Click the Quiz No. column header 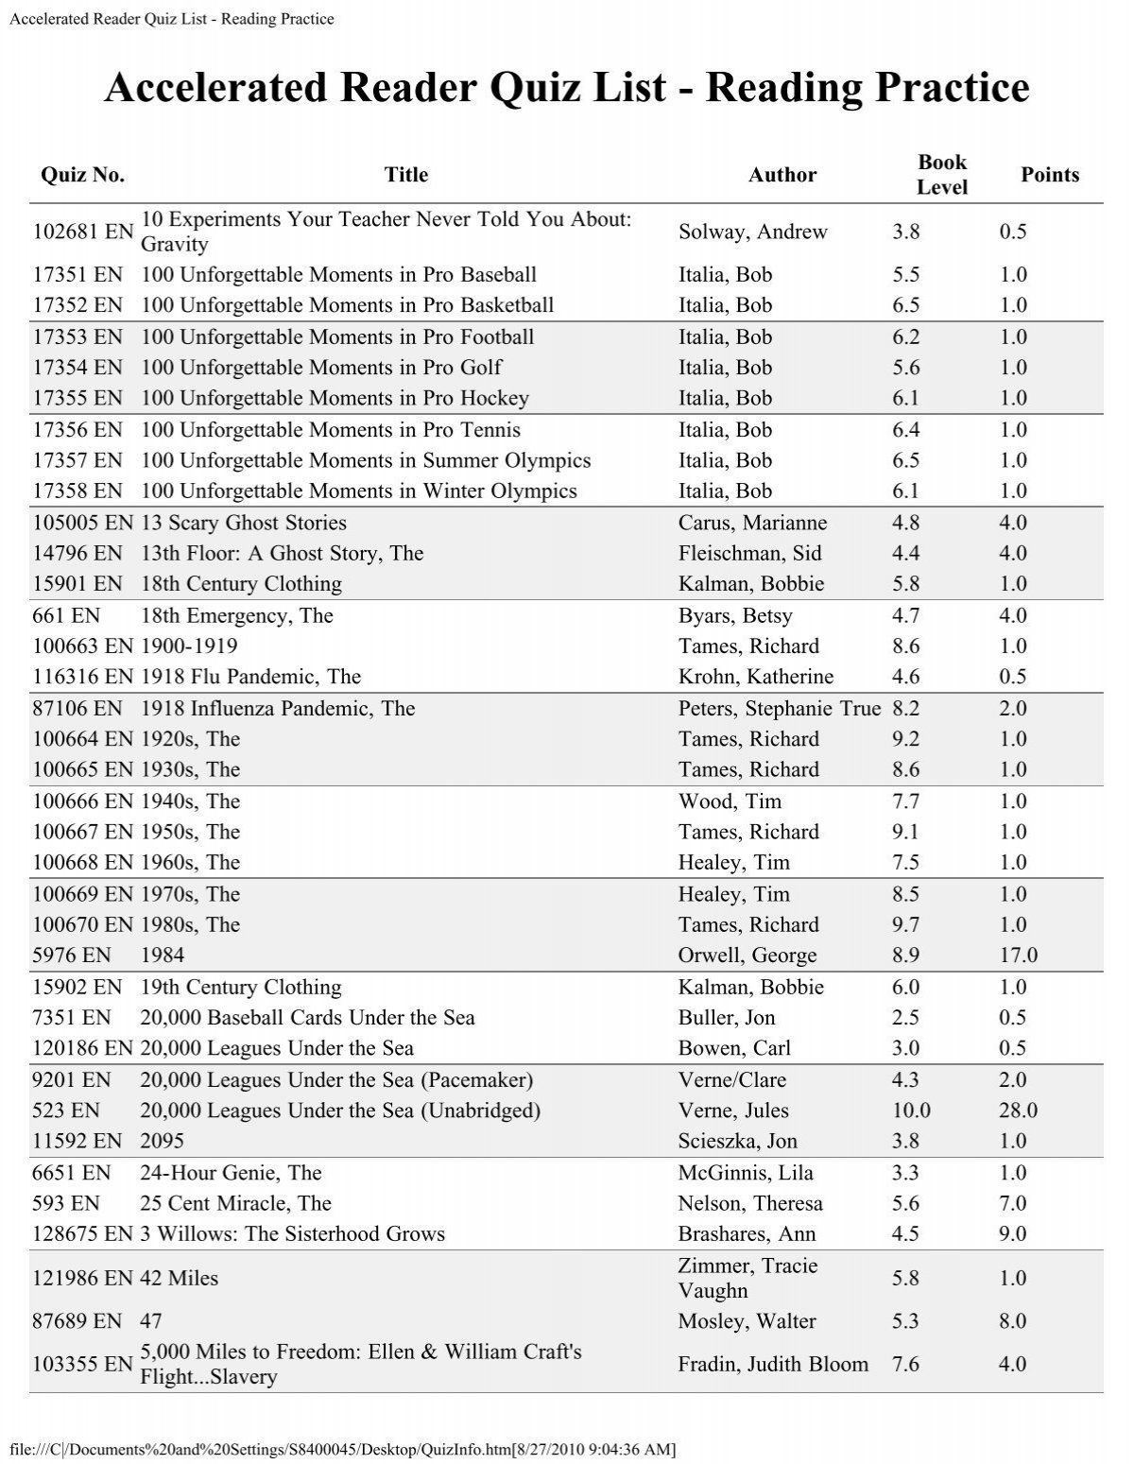[82, 175]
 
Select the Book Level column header [941, 175]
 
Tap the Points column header [1049, 175]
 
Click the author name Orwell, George [747, 956]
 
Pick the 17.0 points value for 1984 [1018, 956]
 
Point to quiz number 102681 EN [83, 232]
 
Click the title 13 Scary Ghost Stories [243, 523]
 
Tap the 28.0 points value [1018, 1111]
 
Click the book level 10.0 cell [911, 1111]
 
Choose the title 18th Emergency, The [236, 616]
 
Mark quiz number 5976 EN [71, 956]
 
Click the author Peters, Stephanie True [779, 709]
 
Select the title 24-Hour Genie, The [231, 1173]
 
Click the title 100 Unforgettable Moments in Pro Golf [321, 368]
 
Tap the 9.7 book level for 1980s [905, 925]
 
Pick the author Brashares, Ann [747, 1234]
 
